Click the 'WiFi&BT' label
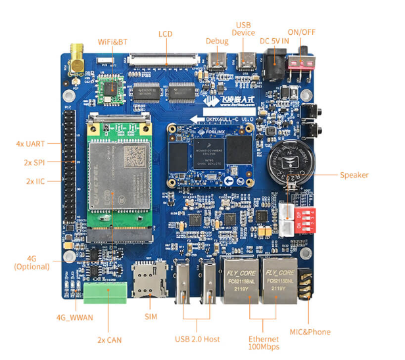(x=112, y=42)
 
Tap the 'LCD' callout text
(x=166, y=34)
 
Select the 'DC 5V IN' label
(x=274, y=41)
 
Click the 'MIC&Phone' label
(x=310, y=332)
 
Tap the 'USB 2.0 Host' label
(x=197, y=339)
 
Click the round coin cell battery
(x=291, y=166)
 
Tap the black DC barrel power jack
(x=274, y=66)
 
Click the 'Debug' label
(x=216, y=41)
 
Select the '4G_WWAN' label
(x=74, y=318)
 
